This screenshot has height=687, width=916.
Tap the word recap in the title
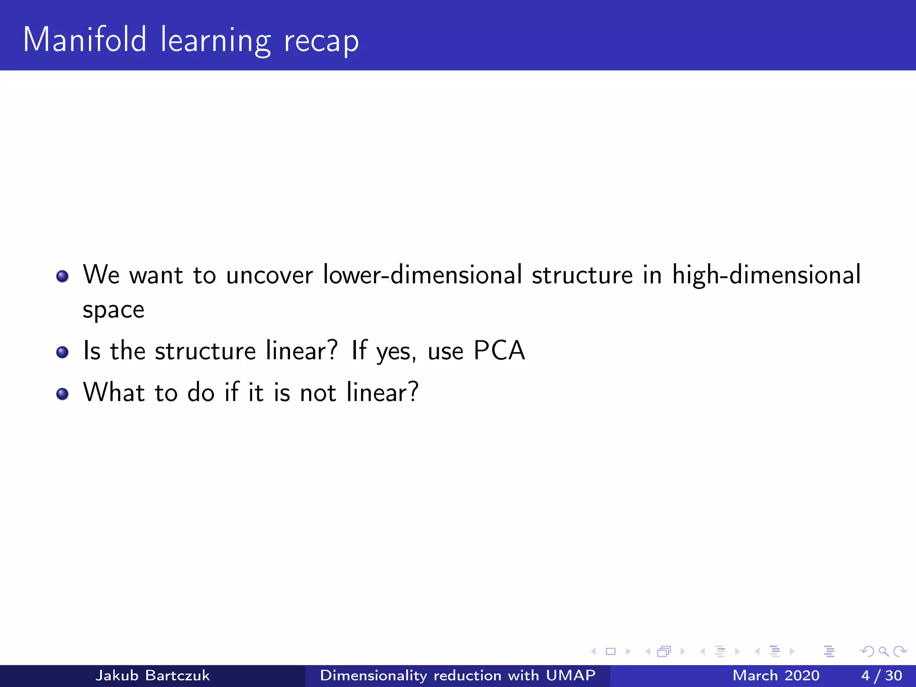321,41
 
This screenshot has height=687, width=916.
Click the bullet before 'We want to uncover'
62,276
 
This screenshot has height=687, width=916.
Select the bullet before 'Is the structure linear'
62,352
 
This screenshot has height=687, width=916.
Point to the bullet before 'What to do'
62,394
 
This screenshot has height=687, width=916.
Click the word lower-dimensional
422,274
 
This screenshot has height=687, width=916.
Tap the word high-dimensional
766,275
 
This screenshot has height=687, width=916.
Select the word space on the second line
114,310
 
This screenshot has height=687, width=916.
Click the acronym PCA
499,350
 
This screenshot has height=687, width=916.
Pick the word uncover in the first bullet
269,275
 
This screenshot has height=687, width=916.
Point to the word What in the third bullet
114,392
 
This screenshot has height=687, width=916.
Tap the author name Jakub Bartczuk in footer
152,675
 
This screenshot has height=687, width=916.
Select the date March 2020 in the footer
776,675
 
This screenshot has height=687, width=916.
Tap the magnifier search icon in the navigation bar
883,652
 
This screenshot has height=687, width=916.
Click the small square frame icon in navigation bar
611,652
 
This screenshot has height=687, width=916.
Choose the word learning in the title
216,41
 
